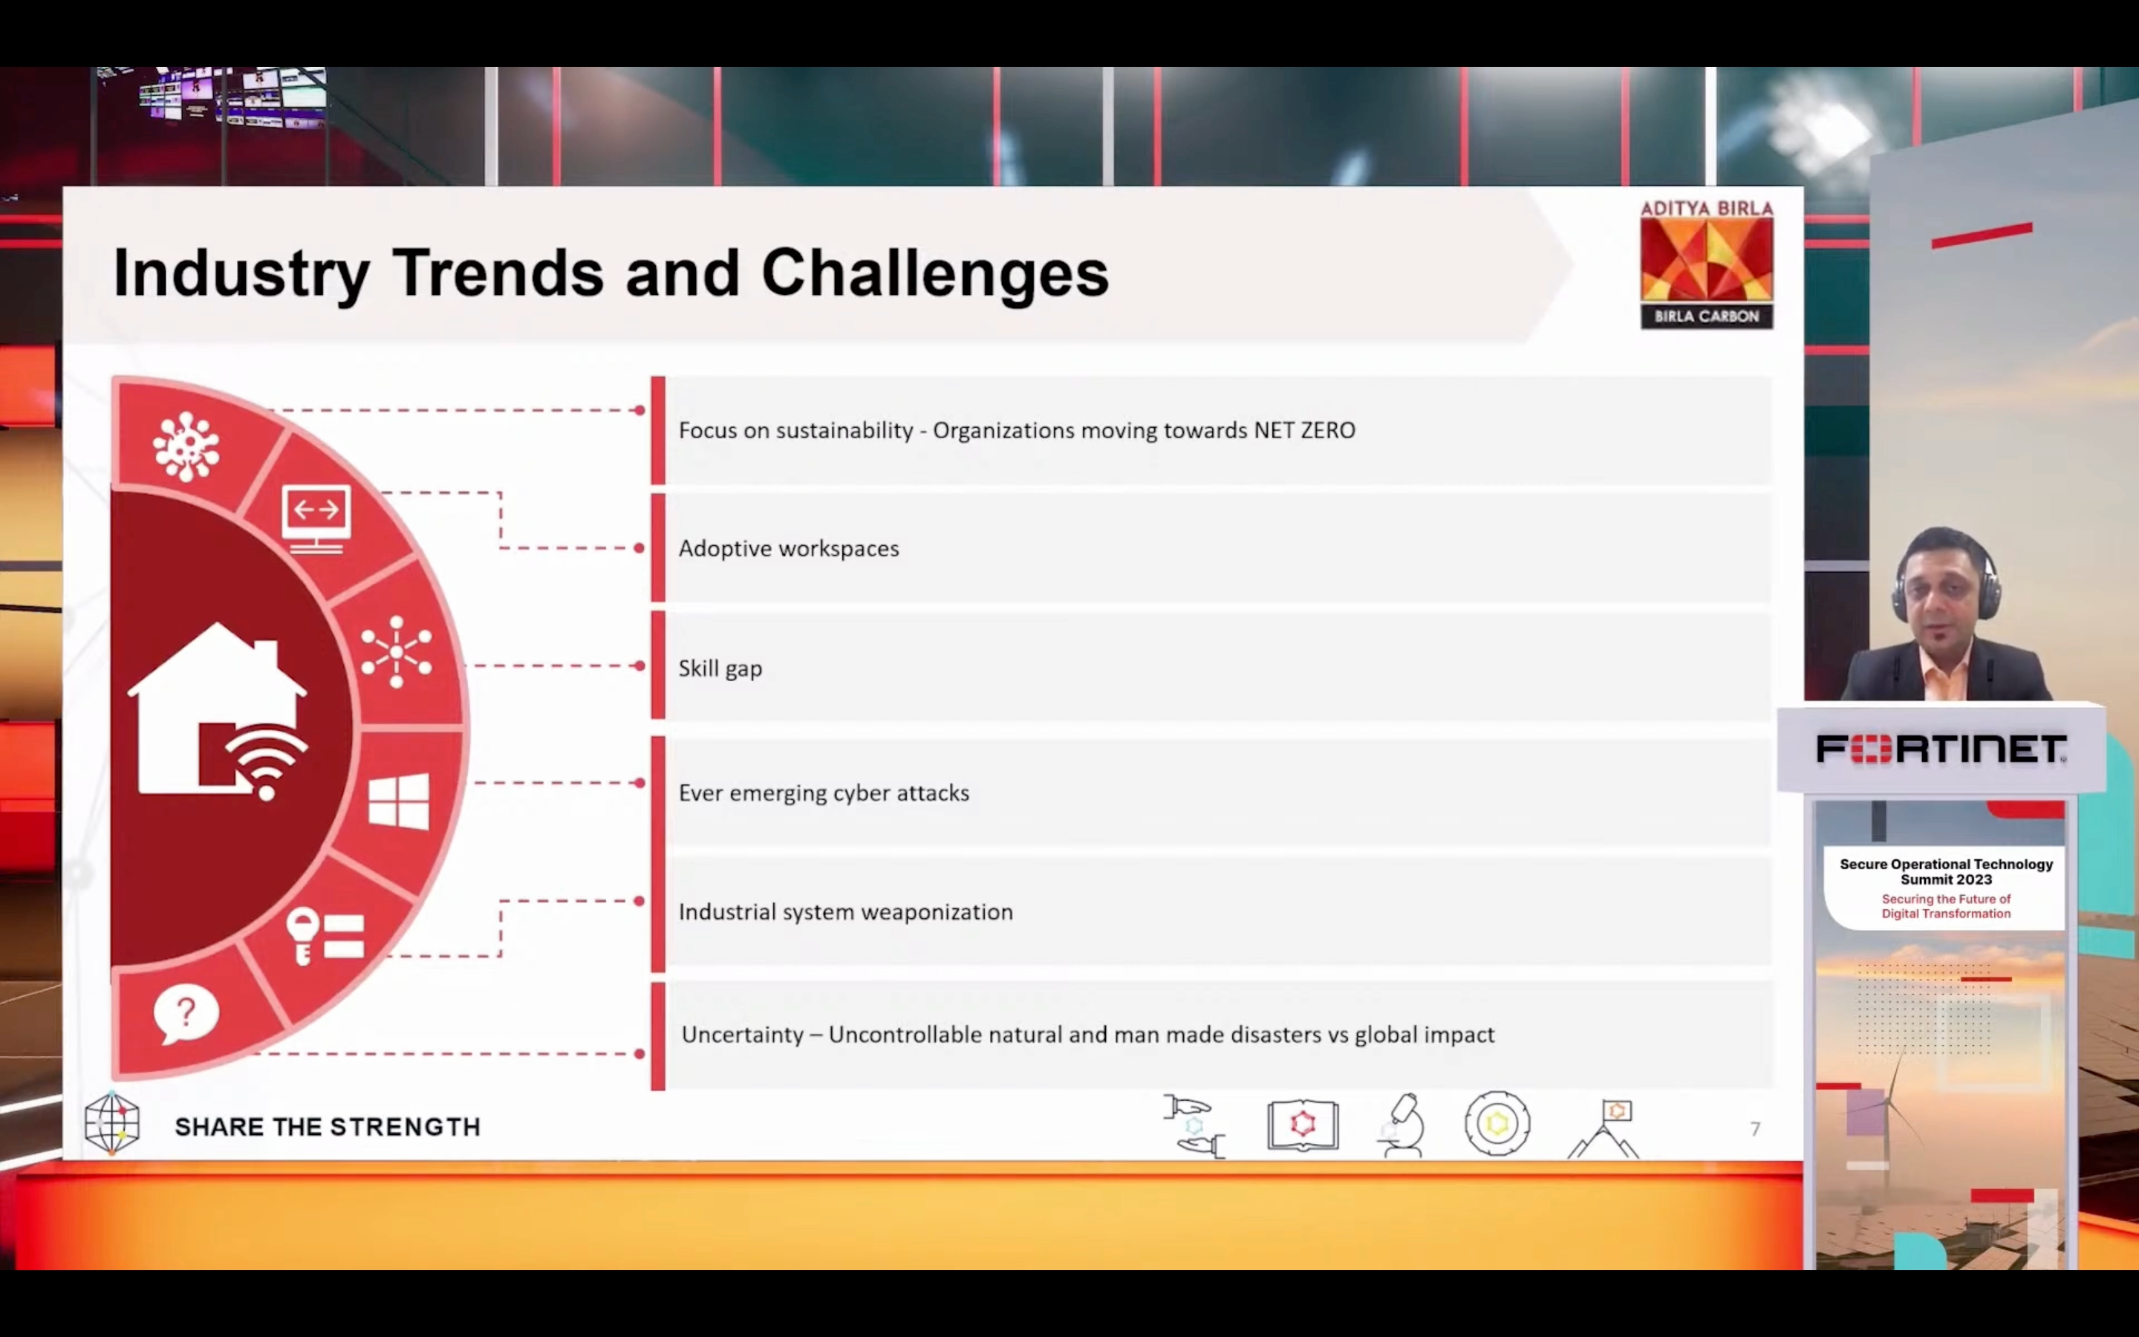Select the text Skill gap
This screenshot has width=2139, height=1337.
[x=720, y=668]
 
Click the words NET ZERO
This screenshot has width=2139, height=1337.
[x=1305, y=431]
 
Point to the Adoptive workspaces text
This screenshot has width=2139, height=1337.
[x=789, y=549]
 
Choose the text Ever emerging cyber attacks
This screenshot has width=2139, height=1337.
[x=824, y=793]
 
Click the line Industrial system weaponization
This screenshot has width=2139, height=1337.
[x=846, y=911]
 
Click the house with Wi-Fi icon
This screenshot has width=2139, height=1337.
[x=219, y=712]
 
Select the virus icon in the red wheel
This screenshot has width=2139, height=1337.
[x=186, y=446]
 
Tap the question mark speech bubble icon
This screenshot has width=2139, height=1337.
[x=186, y=1013]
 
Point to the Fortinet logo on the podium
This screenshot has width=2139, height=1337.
[x=1941, y=749]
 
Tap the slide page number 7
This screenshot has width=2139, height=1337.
[x=1756, y=1128]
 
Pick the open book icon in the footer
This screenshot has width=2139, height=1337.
[x=1303, y=1125]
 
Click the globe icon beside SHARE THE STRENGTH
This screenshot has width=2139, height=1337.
[x=112, y=1124]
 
